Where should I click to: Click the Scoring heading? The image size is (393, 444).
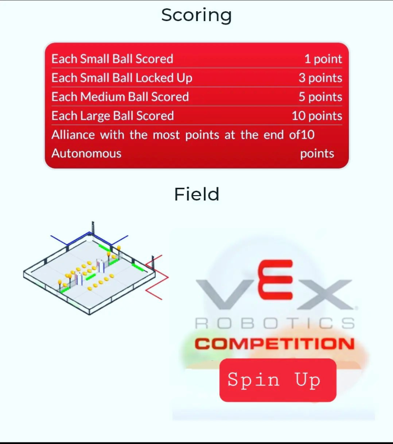(x=196, y=16)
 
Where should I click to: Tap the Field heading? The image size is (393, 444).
(x=196, y=195)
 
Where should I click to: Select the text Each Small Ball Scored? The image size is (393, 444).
(x=112, y=59)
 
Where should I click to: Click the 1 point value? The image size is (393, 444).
(x=323, y=59)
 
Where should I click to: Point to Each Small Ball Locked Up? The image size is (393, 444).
(x=122, y=78)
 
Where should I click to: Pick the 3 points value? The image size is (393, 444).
(x=320, y=78)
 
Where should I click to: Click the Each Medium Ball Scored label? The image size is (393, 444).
(x=120, y=97)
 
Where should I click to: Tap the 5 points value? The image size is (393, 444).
(x=320, y=97)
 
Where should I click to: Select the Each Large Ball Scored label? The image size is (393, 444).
(x=112, y=116)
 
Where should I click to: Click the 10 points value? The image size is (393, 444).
(x=317, y=116)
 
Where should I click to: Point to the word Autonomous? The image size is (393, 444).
(x=87, y=154)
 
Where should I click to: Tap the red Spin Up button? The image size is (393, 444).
(x=278, y=380)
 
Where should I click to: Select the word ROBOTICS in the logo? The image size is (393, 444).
(x=275, y=323)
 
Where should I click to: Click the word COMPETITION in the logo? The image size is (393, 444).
(x=275, y=343)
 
